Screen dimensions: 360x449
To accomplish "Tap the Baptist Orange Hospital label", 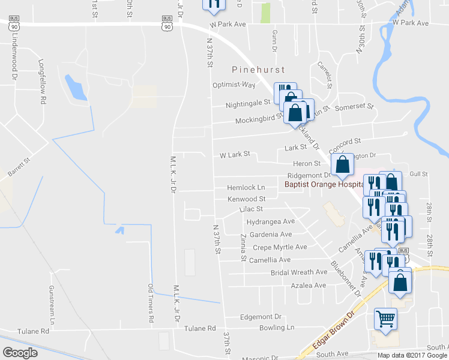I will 324,185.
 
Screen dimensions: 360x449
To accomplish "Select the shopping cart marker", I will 385,319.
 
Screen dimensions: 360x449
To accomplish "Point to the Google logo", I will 20,353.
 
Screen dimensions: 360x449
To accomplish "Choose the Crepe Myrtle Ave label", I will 280,247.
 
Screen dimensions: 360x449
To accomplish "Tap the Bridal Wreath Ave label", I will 298,272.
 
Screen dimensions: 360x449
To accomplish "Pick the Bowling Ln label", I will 277,328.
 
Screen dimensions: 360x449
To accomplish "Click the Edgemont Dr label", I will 261,317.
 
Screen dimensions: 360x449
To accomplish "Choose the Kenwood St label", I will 246,199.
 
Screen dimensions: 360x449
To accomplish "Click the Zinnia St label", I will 244,247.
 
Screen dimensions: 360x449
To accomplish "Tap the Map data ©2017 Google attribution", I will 412,355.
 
